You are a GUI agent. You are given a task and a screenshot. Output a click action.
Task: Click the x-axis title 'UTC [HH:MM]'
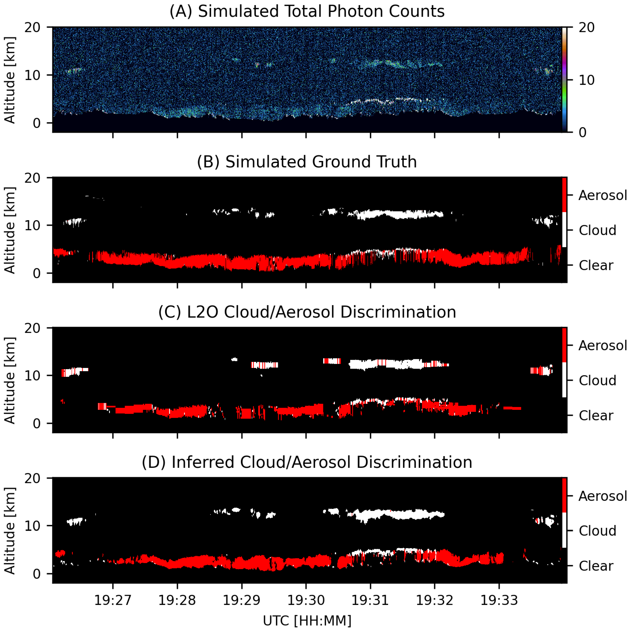coord(307,621)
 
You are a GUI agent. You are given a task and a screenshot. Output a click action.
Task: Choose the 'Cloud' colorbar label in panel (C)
coord(597,381)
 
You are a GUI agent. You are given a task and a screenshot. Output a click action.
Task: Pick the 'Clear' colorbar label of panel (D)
coord(596,566)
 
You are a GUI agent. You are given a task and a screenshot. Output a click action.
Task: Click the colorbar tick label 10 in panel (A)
coord(586,80)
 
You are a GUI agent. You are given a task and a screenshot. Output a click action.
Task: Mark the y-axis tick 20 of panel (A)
coord(33,27)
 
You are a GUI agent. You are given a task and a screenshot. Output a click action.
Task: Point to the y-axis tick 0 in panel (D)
coord(37,573)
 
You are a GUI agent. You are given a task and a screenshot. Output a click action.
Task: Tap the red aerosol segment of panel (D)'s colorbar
coord(564,495)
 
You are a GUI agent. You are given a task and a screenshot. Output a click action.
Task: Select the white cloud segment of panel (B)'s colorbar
coord(564,230)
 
